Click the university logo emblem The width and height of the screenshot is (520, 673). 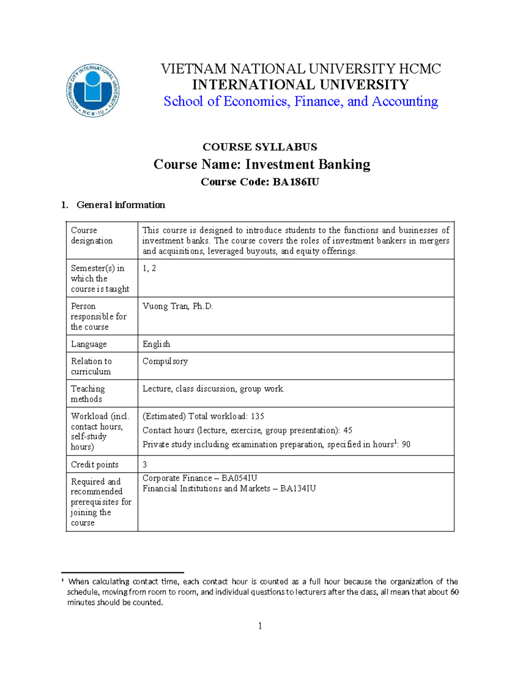point(93,91)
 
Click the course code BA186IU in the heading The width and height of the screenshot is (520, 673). point(296,182)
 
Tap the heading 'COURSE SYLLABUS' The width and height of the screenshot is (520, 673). point(260,147)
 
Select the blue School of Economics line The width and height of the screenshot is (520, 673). point(301,101)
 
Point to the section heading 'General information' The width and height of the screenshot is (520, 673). point(120,205)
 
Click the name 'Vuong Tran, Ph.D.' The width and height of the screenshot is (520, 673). point(178,306)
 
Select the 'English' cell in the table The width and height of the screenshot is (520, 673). point(156,344)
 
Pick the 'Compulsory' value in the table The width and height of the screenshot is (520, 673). point(165,361)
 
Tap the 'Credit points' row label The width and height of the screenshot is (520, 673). point(94,465)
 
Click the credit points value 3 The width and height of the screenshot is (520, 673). point(145,465)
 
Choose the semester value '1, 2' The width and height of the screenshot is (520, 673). point(149,268)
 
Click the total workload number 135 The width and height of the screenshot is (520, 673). point(257,416)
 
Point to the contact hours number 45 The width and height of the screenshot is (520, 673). point(348,430)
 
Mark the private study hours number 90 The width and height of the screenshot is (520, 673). point(406,445)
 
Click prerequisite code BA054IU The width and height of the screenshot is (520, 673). point(239,478)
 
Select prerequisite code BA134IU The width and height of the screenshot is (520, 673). point(298,489)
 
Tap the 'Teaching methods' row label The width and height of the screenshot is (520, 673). point(88,394)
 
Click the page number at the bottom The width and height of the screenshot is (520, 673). point(260,626)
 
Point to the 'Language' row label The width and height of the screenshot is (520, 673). point(89,344)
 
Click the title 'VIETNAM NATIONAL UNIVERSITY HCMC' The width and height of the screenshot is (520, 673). point(301,68)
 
